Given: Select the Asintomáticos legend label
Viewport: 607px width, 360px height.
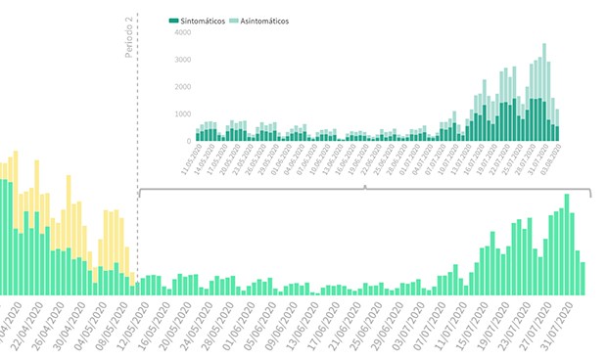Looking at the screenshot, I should [x=261, y=21].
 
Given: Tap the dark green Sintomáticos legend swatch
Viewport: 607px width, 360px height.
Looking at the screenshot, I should [x=173, y=21].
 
